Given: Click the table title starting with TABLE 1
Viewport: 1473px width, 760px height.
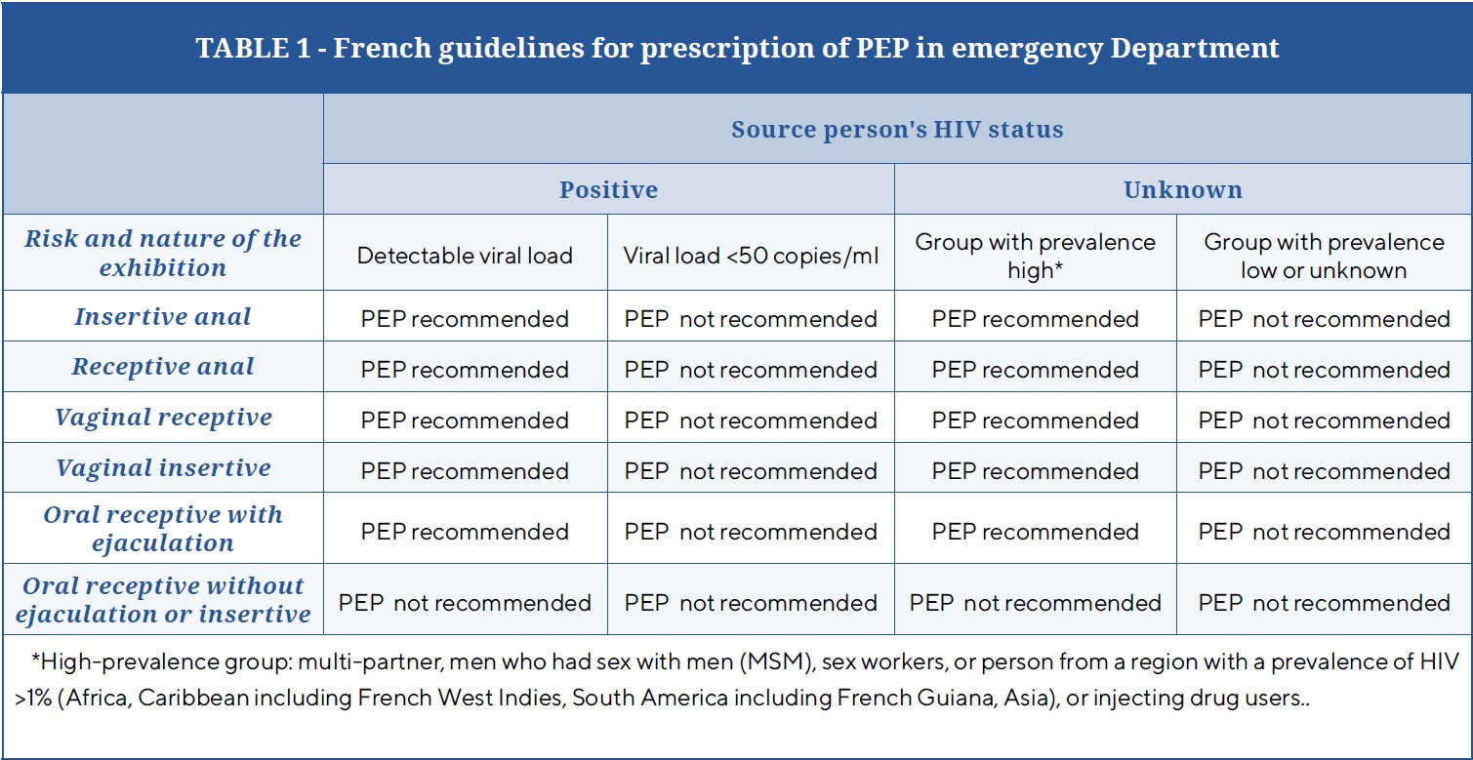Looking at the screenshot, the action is [x=737, y=48].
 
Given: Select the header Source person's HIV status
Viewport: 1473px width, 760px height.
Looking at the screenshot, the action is [x=897, y=130].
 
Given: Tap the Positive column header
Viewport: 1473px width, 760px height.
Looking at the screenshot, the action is [x=608, y=190].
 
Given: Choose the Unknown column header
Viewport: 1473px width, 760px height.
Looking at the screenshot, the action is [x=1183, y=190].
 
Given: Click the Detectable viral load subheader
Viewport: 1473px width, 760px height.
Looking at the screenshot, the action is [x=465, y=256].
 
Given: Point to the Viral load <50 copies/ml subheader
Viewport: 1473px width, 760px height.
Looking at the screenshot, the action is [x=751, y=256].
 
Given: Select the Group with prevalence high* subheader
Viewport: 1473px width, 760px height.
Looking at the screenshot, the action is [x=1035, y=256].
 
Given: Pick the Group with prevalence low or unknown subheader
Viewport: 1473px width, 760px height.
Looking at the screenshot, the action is [x=1324, y=256].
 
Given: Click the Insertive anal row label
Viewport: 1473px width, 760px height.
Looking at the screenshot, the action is [x=162, y=316].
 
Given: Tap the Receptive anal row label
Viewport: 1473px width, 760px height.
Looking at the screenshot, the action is [x=162, y=367].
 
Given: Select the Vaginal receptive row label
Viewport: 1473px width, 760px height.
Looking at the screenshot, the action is [x=163, y=418].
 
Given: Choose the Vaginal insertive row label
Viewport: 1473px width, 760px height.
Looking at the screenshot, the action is [x=163, y=468].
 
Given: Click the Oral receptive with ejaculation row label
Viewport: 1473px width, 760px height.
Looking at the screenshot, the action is [x=163, y=529].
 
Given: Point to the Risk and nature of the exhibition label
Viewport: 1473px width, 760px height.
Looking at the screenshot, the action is [x=163, y=253].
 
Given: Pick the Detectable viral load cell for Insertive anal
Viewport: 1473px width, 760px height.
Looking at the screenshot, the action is [x=465, y=319].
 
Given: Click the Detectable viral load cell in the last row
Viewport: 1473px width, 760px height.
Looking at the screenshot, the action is [x=465, y=603].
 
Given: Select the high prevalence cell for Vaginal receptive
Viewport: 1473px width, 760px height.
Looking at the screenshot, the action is [x=1035, y=420].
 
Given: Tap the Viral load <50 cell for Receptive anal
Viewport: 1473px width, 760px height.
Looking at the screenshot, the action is [x=751, y=370].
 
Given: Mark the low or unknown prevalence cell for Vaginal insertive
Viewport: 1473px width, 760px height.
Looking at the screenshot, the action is [x=1324, y=470].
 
